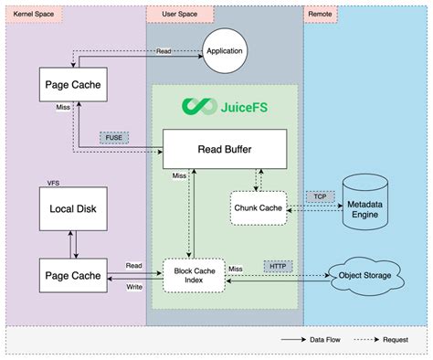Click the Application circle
point(226,50)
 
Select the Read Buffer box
point(225,148)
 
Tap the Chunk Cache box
point(259,207)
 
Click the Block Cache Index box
point(194,274)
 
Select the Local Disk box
point(69,209)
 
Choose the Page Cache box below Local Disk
point(69,275)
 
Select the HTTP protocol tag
point(278,266)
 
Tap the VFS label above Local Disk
point(54,184)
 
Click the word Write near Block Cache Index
point(133,286)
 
